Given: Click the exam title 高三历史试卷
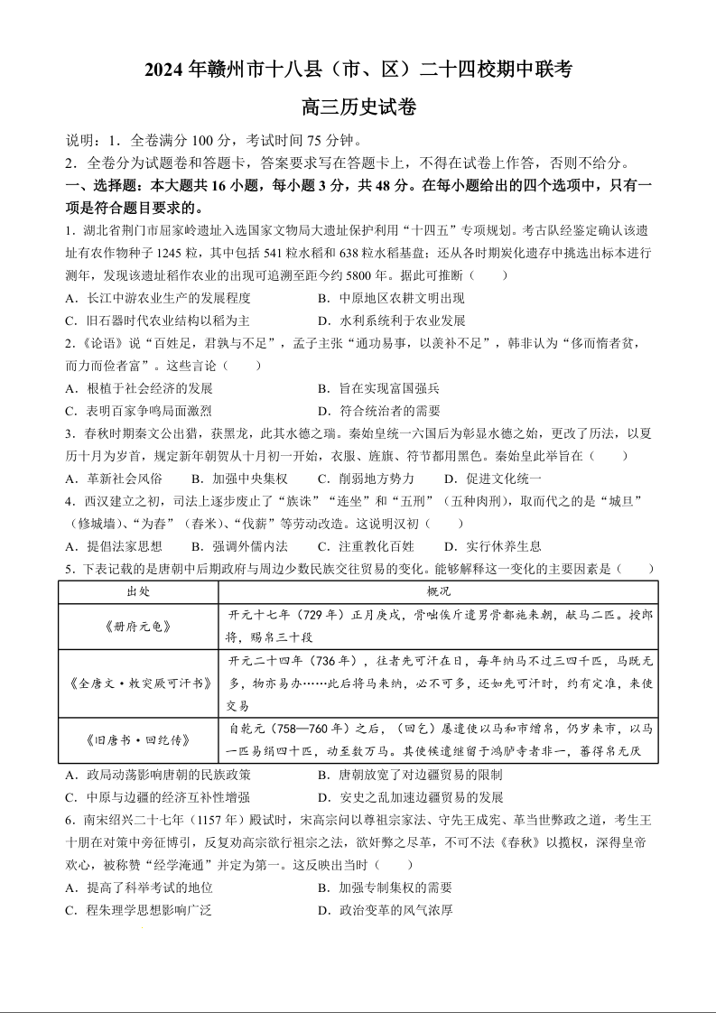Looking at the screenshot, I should [358, 107].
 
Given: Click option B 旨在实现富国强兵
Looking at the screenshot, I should [378, 388].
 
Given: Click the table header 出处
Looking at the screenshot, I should [138, 591].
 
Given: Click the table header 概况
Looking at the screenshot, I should [439, 591].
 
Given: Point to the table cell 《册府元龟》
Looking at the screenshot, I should [138, 627].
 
